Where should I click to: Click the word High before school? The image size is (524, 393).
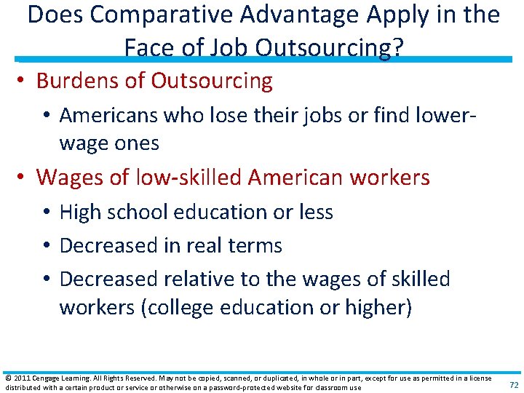pyautogui.click(x=81, y=212)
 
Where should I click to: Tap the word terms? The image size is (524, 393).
pyautogui.click(x=255, y=245)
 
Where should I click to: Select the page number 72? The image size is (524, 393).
pyautogui.click(x=514, y=384)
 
